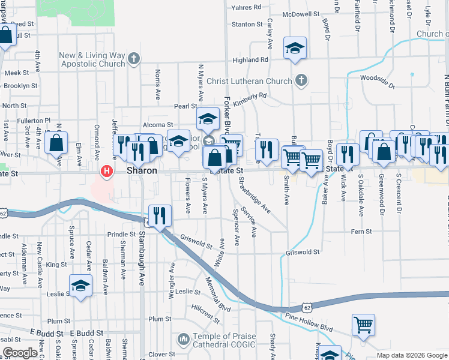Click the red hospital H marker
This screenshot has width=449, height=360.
point(107,172)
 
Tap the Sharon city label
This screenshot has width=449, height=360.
point(142,171)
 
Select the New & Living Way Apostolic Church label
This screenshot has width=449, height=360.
point(92,59)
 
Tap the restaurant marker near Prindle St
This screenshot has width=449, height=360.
point(160,216)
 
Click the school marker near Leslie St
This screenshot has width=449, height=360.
point(80,286)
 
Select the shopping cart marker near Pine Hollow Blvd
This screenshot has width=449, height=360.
point(363,325)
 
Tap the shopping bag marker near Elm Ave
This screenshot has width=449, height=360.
point(56,143)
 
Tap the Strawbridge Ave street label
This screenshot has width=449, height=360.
point(254,194)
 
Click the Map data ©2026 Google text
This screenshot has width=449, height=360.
point(411,355)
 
